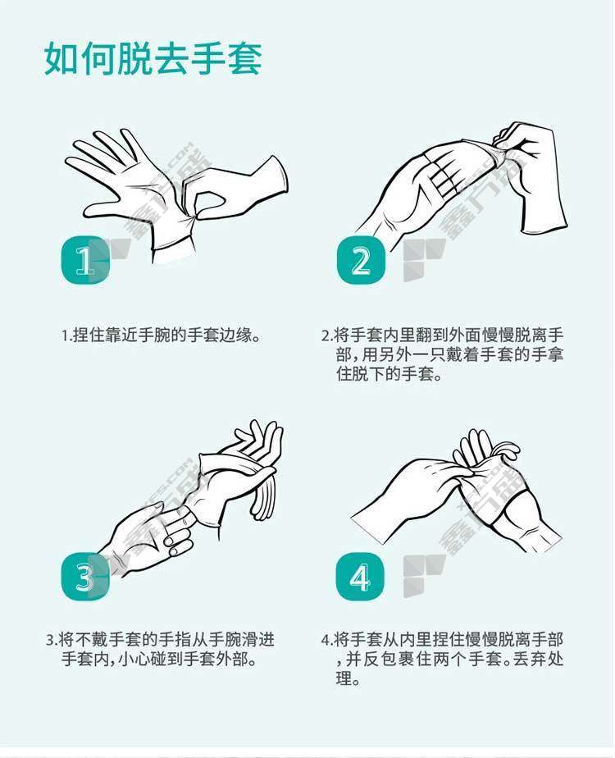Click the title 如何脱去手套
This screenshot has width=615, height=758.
(x=153, y=58)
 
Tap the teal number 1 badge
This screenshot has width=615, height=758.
(x=85, y=260)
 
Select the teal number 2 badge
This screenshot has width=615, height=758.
(x=361, y=260)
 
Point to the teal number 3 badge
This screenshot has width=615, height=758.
(x=85, y=577)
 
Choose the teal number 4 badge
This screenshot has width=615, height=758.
(x=360, y=577)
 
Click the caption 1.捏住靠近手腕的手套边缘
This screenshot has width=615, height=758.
(x=162, y=335)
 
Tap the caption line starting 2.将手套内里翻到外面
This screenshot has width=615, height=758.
(x=443, y=335)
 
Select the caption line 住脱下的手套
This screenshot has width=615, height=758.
(x=389, y=374)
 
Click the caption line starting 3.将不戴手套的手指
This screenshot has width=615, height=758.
(x=161, y=640)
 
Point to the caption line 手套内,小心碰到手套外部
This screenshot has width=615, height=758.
(x=159, y=659)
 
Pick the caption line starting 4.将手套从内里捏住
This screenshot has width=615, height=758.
(x=443, y=640)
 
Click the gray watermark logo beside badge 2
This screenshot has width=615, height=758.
(x=423, y=259)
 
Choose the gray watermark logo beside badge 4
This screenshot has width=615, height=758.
(x=423, y=576)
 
